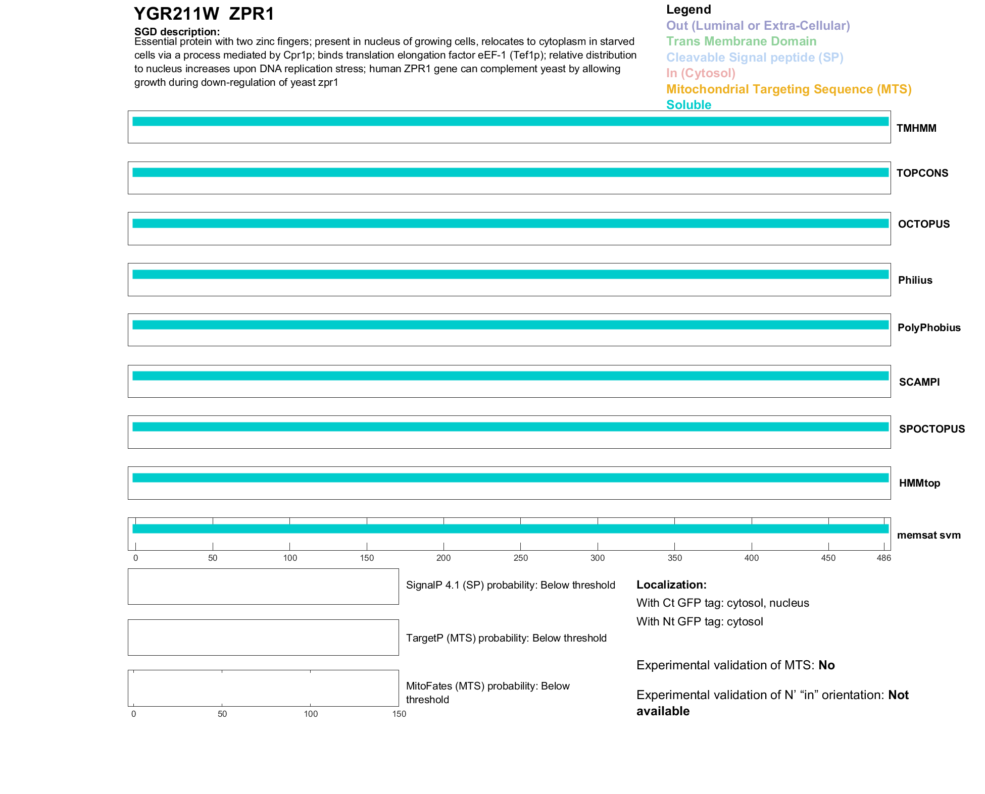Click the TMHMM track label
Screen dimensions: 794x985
[x=916, y=128]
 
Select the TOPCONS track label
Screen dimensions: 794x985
[x=922, y=173]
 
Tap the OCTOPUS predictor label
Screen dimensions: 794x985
[x=924, y=224]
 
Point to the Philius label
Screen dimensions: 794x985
[x=915, y=280]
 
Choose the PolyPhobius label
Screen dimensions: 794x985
[x=929, y=328]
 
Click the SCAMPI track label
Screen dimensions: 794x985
[x=919, y=382]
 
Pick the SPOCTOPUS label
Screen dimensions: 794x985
[x=932, y=429]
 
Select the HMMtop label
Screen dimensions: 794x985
[x=919, y=483]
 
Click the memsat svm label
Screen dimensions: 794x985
[x=929, y=535]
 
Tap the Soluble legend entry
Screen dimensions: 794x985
[x=688, y=105]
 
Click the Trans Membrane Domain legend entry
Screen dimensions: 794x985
[x=741, y=41]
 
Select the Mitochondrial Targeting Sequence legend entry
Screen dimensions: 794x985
[x=789, y=89]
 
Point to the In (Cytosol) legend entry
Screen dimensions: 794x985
[x=701, y=73]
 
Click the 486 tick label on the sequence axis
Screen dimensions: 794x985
[x=883, y=558]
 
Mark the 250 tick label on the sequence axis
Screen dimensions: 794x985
[x=520, y=558]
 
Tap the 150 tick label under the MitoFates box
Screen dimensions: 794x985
[x=399, y=714]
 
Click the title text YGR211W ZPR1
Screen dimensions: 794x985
[x=204, y=14]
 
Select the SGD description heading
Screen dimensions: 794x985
[x=177, y=32]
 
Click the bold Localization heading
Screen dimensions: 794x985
[x=671, y=585]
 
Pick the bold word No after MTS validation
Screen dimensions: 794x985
[x=826, y=665]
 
